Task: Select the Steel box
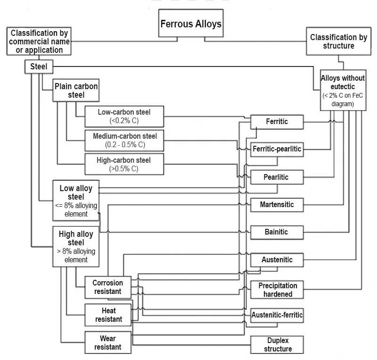[x=39, y=67]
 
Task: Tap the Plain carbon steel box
[x=76, y=91]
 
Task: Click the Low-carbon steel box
[x=124, y=116]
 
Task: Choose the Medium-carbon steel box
[x=124, y=140]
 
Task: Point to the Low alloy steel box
[x=76, y=201]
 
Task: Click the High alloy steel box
[x=76, y=246]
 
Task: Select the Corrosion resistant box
[x=107, y=287]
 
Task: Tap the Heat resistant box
[x=108, y=315]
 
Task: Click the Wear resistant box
[x=107, y=343]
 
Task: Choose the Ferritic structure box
[x=277, y=122]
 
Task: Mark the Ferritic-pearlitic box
[x=277, y=149]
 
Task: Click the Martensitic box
[x=277, y=204]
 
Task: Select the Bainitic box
[x=277, y=232]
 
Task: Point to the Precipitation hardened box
[x=278, y=290]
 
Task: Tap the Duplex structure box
[x=278, y=344]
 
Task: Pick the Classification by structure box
[x=339, y=42]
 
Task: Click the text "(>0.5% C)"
[x=124, y=168]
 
